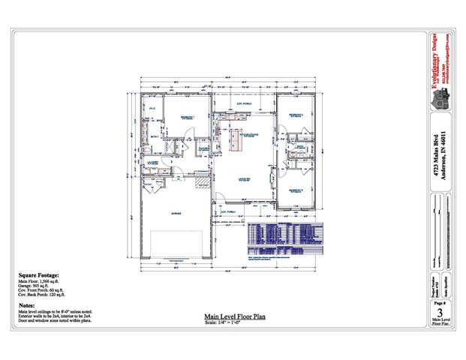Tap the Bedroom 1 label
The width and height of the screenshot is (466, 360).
(x=185, y=118)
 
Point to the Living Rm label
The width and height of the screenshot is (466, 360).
(x=245, y=179)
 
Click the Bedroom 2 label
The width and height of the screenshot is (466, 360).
(x=296, y=115)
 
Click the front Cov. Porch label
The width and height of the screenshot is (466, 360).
(x=228, y=211)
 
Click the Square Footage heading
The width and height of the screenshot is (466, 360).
(x=38, y=275)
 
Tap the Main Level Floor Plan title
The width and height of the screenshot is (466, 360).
(x=234, y=317)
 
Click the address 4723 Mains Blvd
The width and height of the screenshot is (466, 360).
(x=435, y=154)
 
